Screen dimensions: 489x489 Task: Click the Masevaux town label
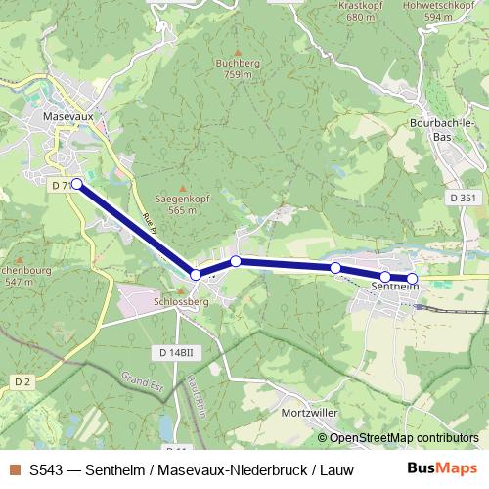click(67, 115)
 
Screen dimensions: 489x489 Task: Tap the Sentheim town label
click(395, 286)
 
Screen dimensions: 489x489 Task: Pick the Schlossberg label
click(182, 303)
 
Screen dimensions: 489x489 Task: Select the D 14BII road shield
click(175, 351)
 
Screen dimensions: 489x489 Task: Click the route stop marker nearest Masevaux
click(77, 183)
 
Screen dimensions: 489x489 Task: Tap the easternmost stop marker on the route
click(412, 279)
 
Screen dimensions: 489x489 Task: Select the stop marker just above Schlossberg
click(196, 275)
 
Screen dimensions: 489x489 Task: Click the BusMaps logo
click(441, 468)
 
